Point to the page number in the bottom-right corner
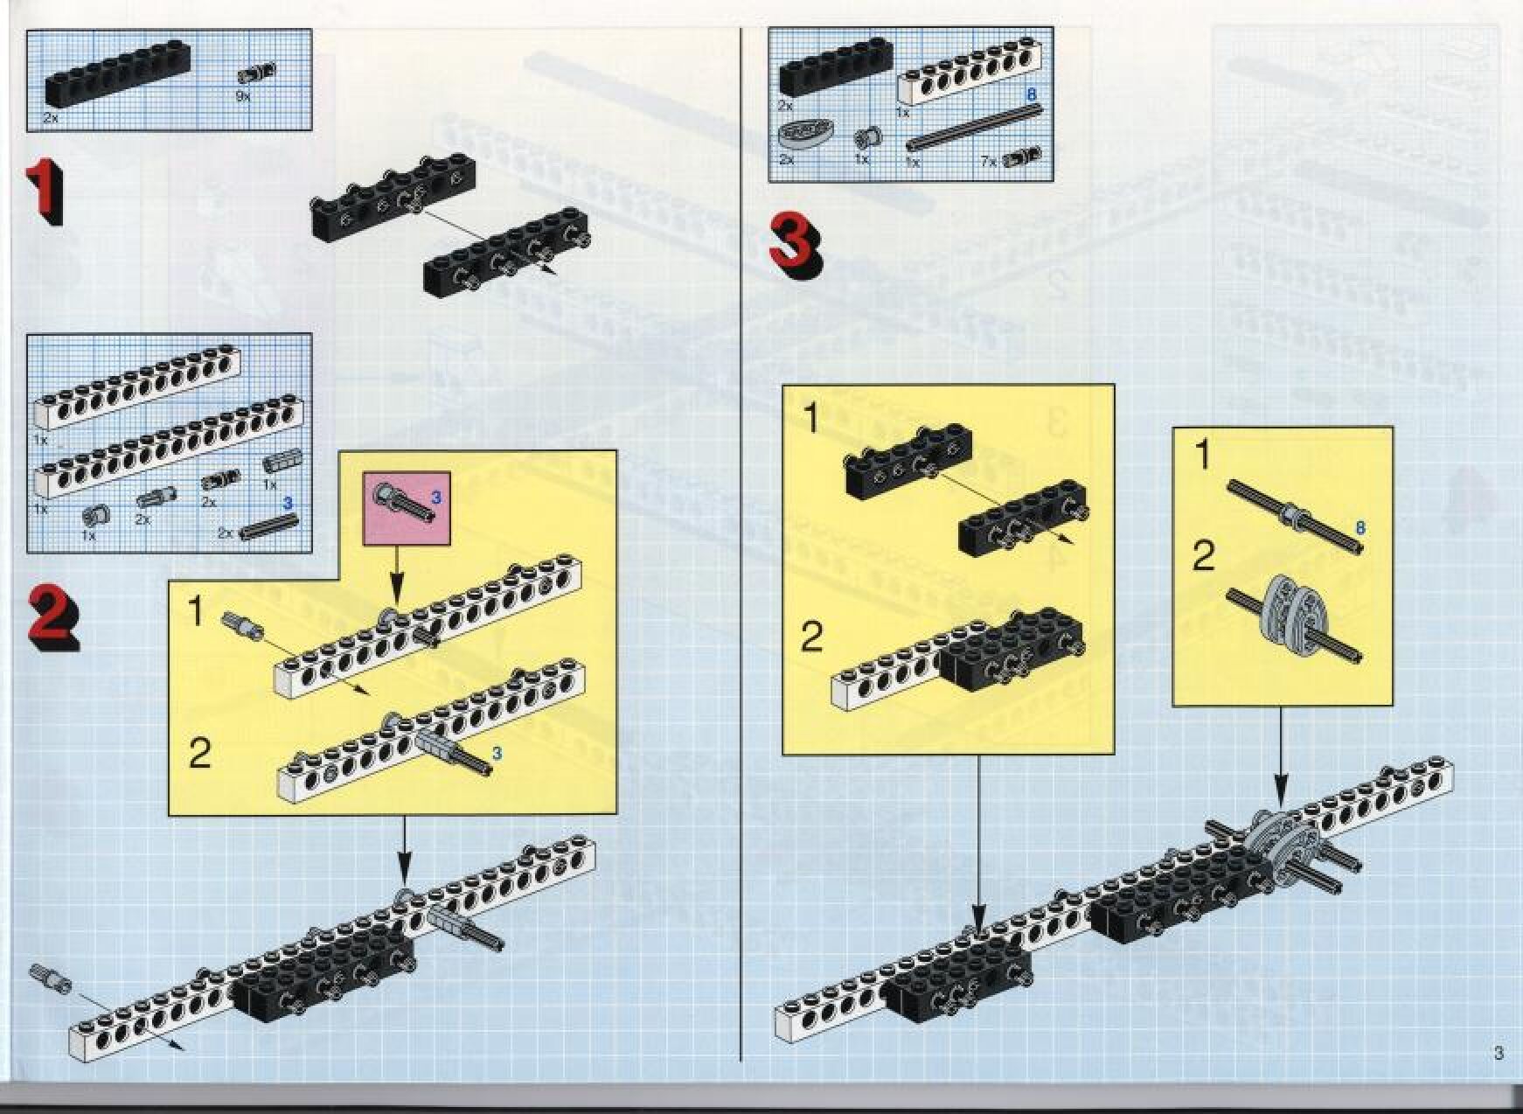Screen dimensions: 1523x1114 tap(1499, 1053)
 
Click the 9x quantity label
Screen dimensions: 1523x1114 tap(243, 95)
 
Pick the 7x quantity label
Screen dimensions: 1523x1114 tap(989, 162)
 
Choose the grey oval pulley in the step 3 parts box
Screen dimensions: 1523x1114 tap(797, 136)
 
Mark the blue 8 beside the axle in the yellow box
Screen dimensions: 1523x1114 tap(1360, 528)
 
